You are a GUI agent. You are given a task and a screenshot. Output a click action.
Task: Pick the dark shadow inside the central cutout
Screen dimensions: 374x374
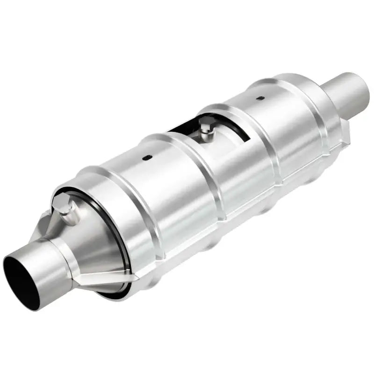coord(180,129)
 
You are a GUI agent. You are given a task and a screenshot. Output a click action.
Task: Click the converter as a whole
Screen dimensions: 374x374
coord(187,187)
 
